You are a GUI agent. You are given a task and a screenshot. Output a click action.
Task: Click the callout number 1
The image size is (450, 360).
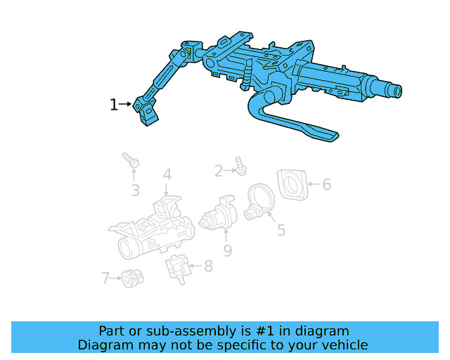coord(113,105)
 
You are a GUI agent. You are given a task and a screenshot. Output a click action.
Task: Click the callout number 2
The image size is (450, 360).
coord(219,170)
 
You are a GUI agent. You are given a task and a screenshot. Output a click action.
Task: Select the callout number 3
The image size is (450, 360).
coord(135,190)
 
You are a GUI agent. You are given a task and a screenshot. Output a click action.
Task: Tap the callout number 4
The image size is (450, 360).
coord(167,174)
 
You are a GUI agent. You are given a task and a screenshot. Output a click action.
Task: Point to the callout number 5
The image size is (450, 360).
coord(281,230)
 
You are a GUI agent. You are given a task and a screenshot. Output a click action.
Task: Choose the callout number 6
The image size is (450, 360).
coord(326,184)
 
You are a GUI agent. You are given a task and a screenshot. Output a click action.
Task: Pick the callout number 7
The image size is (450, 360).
coord(105,278)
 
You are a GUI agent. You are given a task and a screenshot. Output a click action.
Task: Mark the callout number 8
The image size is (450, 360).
coord(207,266)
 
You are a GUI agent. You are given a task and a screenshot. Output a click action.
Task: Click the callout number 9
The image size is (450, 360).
coord(227,250)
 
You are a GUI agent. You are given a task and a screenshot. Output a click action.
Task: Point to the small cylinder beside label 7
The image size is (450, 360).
coord(129,278)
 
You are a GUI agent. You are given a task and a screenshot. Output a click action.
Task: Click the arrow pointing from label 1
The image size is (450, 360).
coord(126,105)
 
